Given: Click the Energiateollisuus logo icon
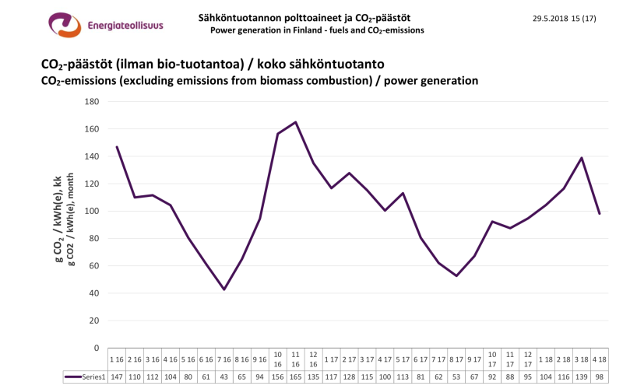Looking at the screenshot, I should [x=64, y=25].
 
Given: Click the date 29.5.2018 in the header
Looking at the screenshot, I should [x=554, y=18].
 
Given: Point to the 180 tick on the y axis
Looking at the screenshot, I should [x=92, y=102].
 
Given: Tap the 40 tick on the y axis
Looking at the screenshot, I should [x=94, y=293].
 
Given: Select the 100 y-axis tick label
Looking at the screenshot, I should [x=92, y=211].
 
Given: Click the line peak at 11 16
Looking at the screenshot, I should [x=296, y=122].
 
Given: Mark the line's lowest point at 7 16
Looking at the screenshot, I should [x=224, y=289].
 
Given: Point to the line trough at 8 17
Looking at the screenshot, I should [x=456, y=275].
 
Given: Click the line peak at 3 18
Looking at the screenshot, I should [x=582, y=158].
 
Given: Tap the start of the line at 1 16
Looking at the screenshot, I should [x=117, y=147].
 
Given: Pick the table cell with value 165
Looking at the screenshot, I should [x=296, y=377].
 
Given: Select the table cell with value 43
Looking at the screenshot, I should [x=224, y=377].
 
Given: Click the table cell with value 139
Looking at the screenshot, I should [x=582, y=377].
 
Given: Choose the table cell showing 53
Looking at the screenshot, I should [x=456, y=377].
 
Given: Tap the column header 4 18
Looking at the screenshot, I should [x=600, y=359].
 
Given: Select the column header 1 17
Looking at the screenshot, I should [x=331, y=359].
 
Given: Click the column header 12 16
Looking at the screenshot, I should [x=313, y=359].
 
